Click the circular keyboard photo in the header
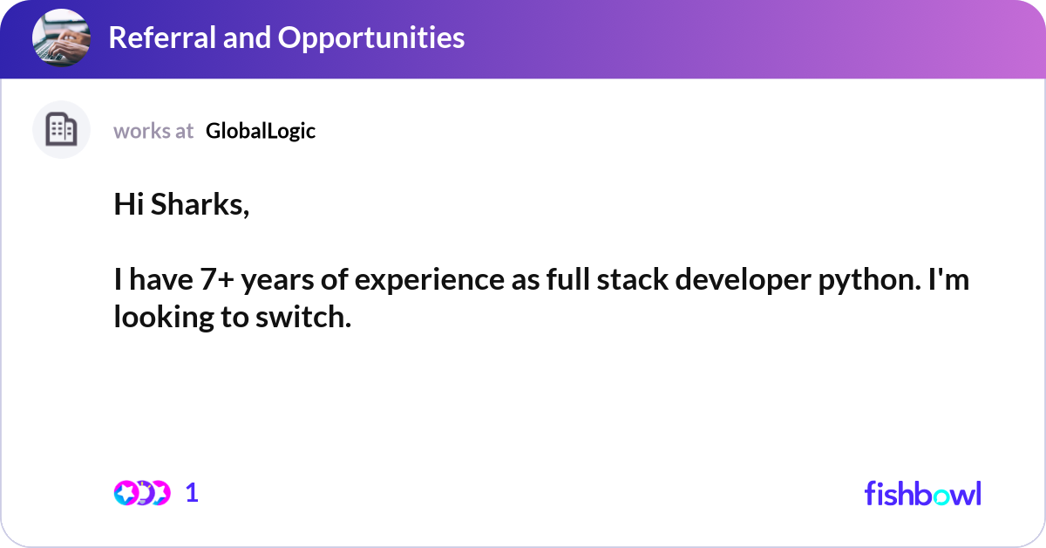pyautogui.click(x=61, y=38)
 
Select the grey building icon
pyautogui.click(x=61, y=130)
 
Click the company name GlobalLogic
pyautogui.click(x=261, y=131)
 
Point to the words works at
pyautogui.click(x=153, y=131)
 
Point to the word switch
pyautogui.click(x=313, y=318)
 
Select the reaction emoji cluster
pyautogui.click(x=141, y=493)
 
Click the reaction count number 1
pyautogui.click(x=192, y=493)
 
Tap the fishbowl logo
pyautogui.click(x=922, y=493)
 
